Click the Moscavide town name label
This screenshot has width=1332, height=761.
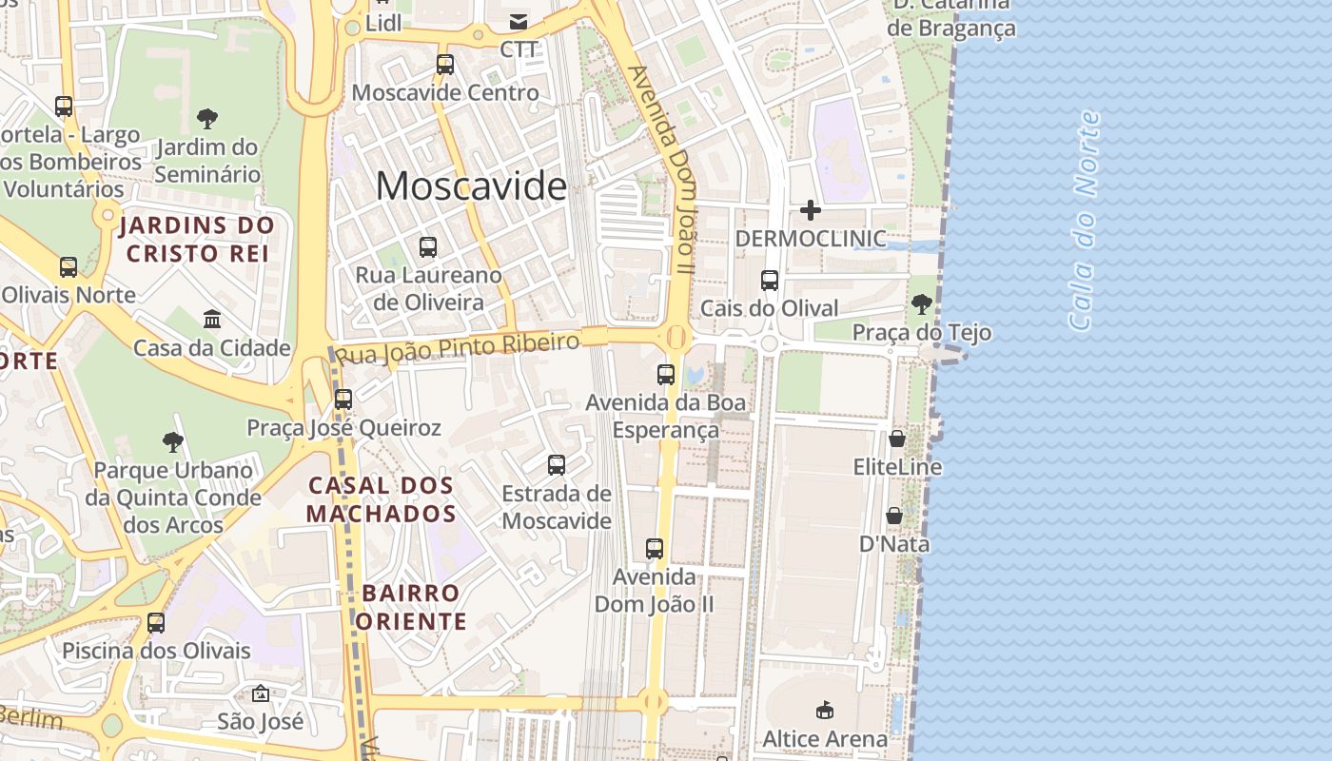pos(471,185)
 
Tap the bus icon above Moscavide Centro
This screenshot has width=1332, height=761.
pos(445,65)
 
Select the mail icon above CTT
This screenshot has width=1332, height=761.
pos(519,22)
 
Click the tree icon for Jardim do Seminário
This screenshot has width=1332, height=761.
pos(207,119)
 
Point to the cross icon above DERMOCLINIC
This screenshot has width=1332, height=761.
pos(811,209)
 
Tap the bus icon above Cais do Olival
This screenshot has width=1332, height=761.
pos(770,281)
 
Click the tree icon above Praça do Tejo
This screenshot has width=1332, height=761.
pos(921,304)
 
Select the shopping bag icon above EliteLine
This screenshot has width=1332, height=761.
pos(896,439)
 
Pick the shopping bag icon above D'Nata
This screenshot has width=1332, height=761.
pos(894,516)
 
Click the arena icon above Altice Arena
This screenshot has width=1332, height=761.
pos(825,710)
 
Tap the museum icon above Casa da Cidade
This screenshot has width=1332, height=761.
pos(212,319)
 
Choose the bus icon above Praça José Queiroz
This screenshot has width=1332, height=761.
pos(343,400)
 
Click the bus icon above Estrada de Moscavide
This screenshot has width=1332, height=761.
pos(557,465)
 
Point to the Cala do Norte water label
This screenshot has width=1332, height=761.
pos(1085,221)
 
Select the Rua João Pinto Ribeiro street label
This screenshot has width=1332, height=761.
pos(459,348)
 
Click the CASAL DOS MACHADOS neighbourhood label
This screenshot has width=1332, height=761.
pos(382,499)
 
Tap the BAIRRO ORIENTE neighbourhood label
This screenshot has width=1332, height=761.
pos(413,607)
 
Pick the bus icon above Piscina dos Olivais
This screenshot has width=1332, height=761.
pos(156,623)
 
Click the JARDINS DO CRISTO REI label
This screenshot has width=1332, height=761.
pos(198,240)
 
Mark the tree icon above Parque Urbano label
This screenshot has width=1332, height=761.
pos(172,441)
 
